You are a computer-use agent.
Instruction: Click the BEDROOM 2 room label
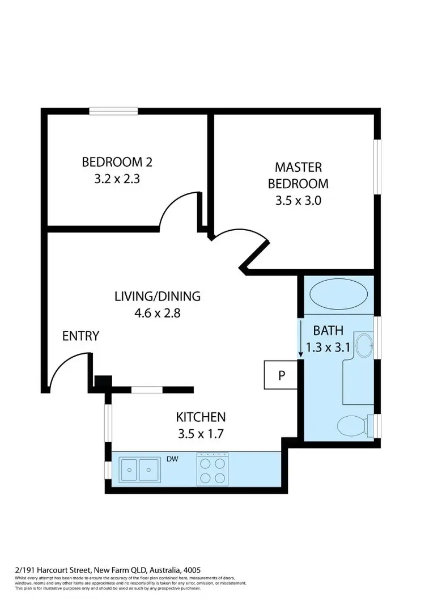point(117,162)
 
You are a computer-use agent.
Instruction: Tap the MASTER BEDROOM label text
point(298,175)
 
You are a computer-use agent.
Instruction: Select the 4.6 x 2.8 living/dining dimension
point(158,312)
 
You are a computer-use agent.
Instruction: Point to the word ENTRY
point(80,336)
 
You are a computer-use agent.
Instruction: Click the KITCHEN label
point(201,417)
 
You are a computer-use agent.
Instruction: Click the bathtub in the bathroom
point(339,295)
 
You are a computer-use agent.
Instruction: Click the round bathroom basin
point(365,345)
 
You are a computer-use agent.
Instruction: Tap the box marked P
point(281,376)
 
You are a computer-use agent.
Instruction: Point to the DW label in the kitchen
point(173,459)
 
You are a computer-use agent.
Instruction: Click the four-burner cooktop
point(212,469)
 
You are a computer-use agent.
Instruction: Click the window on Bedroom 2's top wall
point(113,111)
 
